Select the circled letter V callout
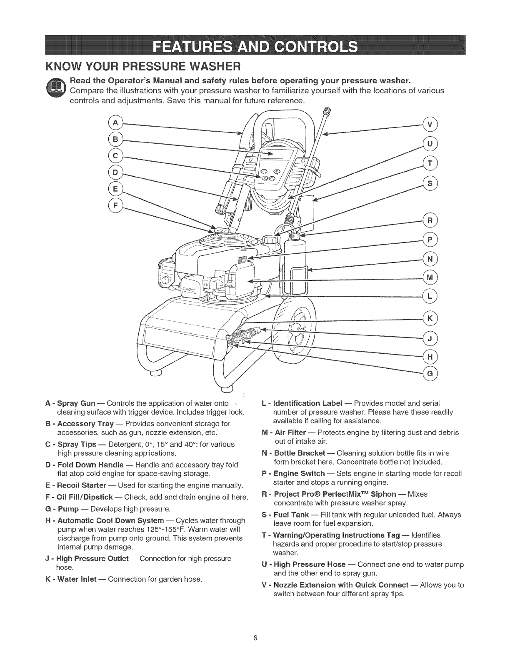430,124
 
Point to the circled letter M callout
430,277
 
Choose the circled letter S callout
430,183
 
